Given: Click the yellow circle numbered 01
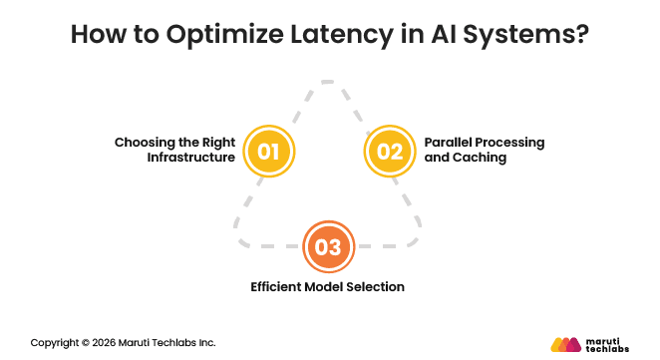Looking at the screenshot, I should (269, 151).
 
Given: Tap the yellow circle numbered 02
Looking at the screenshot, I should (390, 151).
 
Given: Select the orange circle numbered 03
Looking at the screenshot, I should (329, 246).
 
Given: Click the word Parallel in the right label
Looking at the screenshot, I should (448, 142).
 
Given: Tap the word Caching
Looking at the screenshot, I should (479, 158).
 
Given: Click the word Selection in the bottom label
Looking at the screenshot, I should (376, 287).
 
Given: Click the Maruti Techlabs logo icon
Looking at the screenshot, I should (565, 344).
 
